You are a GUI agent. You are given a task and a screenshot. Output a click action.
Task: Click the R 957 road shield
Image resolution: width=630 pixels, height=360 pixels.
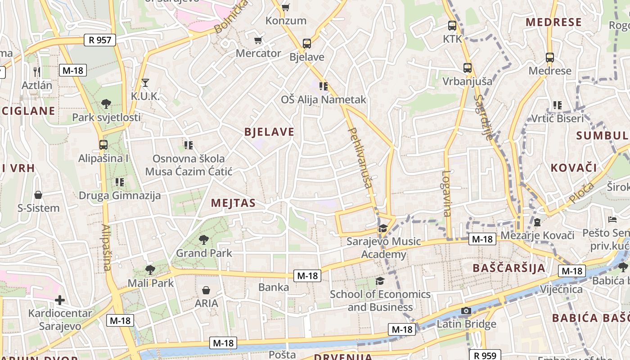[100, 40]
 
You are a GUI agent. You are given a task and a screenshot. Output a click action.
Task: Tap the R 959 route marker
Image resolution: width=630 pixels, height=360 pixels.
[485, 355]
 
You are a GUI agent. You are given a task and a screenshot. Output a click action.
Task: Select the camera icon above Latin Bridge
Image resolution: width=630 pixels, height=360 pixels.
[466, 311]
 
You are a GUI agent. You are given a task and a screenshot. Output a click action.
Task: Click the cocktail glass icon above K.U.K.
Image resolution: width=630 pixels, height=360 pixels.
[145, 82]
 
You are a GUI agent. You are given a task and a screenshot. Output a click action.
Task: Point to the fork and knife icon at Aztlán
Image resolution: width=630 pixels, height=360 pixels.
[37, 71]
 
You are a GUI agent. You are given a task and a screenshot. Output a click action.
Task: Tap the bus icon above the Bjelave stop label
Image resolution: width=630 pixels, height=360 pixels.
[307, 44]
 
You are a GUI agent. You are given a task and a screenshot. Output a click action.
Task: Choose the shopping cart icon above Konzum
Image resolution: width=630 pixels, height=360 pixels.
[285, 7]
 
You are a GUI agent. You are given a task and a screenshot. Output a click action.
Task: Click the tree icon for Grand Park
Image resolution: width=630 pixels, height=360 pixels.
[204, 239]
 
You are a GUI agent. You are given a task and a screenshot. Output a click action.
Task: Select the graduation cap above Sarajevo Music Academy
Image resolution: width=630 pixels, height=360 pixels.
[383, 228]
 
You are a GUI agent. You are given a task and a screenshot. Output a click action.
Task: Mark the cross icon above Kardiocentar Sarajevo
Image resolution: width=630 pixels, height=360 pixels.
[60, 300]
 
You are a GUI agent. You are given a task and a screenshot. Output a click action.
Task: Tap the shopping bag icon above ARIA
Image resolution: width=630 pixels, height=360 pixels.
[206, 290]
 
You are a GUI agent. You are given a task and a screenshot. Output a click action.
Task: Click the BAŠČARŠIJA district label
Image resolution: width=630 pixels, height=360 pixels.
[509, 268]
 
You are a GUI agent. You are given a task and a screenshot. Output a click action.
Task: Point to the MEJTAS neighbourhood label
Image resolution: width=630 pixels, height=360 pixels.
[233, 203]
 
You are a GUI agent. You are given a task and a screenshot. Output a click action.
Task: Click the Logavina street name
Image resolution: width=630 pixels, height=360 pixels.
[446, 193]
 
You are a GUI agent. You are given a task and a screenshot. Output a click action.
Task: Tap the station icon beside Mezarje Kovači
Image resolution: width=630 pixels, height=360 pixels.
[537, 222]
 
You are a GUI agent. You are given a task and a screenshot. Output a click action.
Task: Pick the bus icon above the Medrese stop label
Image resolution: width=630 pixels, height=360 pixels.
[550, 58]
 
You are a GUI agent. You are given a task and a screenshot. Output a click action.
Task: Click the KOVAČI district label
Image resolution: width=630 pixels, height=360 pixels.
[574, 168]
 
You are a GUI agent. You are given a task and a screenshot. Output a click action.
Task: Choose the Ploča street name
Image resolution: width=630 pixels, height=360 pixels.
[581, 192]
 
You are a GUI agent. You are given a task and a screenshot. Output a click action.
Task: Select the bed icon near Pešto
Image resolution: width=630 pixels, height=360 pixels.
[612, 220]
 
